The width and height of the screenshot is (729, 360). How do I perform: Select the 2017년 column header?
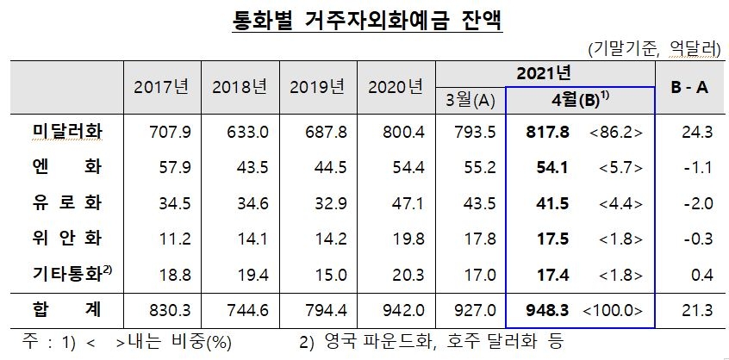coord(162,86)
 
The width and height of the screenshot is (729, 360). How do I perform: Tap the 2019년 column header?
coord(317,86)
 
